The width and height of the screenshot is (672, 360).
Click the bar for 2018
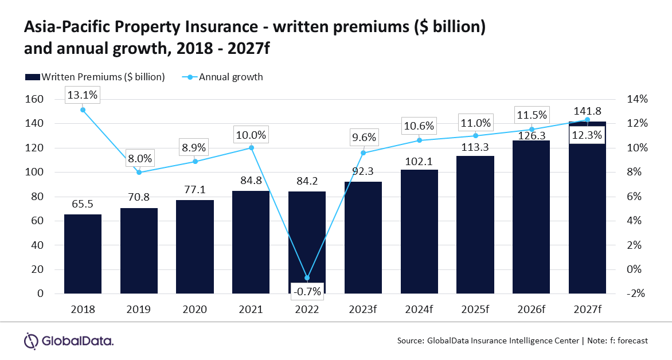[x=83, y=254]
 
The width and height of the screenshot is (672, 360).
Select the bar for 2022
[x=307, y=242]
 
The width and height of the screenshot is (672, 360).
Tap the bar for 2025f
[x=475, y=225]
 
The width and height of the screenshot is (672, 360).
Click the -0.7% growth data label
[x=307, y=291]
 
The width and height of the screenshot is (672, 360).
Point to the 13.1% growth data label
[x=83, y=95]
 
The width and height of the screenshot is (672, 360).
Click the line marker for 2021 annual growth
[x=251, y=148]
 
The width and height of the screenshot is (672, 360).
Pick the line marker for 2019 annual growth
[x=139, y=173]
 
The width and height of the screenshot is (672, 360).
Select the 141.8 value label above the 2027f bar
[x=587, y=111]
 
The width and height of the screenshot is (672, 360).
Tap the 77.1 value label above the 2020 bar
[x=195, y=189]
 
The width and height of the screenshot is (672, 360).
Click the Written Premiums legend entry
[x=95, y=77]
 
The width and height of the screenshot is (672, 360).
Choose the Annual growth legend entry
[x=222, y=77]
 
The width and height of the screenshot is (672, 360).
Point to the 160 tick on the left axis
[x=35, y=99]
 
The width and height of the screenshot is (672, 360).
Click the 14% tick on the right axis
[x=637, y=99]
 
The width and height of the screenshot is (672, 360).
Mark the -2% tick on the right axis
[x=636, y=294]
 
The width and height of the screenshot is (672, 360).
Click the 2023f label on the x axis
[x=362, y=310]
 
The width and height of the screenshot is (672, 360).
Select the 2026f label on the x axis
[x=531, y=310]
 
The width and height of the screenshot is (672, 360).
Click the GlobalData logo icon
[x=32, y=341]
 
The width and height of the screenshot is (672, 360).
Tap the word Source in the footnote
[x=410, y=341]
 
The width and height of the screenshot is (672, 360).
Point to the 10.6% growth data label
[x=419, y=126]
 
